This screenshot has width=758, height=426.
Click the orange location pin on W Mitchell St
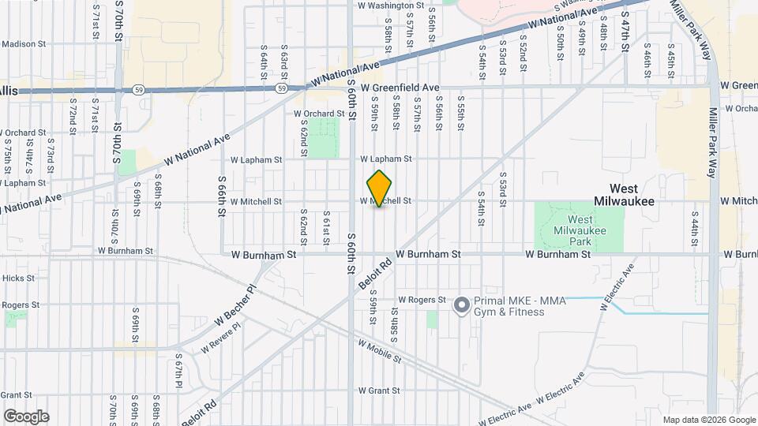(380, 189)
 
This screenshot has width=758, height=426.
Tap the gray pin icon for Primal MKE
(461, 305)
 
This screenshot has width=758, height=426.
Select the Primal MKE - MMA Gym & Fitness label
(509, 306)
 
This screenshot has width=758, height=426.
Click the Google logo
(26, 417)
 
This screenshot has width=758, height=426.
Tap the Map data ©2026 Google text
(708, 420)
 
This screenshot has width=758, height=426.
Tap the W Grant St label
(381, 390)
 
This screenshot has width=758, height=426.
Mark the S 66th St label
(222, 197)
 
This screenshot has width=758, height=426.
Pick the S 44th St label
(696, 224)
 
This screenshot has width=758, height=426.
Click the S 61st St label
(325, 224)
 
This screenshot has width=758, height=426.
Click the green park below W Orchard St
(322, 136)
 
